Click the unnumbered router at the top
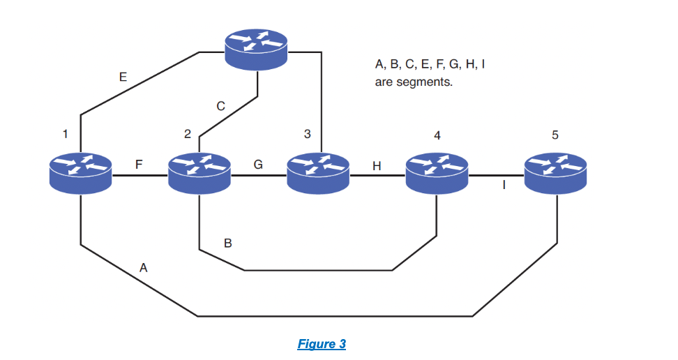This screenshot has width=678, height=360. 256,50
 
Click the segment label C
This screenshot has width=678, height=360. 220,107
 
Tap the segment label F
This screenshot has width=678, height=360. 139,165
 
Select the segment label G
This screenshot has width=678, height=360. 258,165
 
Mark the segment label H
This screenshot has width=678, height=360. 377,166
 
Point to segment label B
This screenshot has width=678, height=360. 227,243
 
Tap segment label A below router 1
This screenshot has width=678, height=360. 144,267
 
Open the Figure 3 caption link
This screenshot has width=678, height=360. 322,344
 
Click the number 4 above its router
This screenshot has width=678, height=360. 437,135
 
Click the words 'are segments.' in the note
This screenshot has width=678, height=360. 414,82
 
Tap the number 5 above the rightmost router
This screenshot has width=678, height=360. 555,135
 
